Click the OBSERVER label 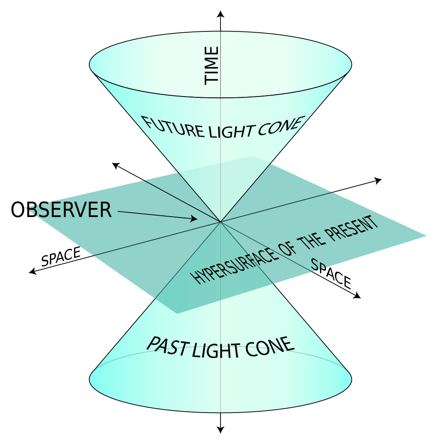tap(61, 211)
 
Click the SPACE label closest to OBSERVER tap(61, 256)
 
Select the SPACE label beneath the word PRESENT tap(331, 273)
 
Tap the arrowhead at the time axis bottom tap(221, 429)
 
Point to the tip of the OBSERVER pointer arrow tap(196, 220)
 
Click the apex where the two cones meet tap(221, 222)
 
